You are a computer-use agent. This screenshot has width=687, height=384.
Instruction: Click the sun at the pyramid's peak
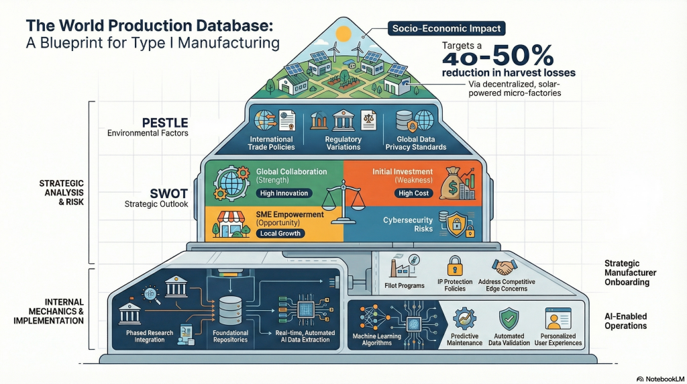(344, 32)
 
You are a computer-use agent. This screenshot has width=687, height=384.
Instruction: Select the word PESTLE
(165, 122)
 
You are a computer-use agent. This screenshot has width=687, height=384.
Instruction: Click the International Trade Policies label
(270, 143)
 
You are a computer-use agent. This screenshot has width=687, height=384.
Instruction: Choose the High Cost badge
(415, 193)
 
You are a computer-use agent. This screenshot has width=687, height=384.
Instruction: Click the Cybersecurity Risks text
(408, 224)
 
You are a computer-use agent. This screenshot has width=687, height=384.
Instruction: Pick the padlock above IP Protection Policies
(455, 264)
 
